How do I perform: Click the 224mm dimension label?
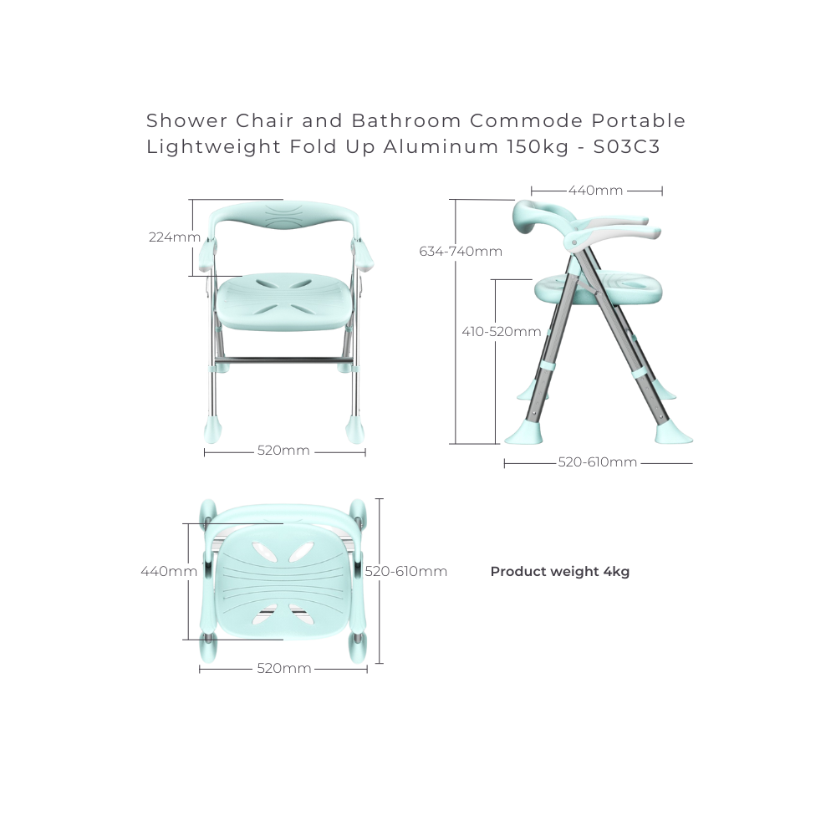coord(175,237)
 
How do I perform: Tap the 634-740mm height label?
coord(461,251)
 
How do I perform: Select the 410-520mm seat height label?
coord(501,332)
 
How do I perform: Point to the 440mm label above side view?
coord(595,191)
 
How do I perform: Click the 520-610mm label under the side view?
coord(598,462)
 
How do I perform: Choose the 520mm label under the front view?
coord(283,451)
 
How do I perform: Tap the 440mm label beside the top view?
coord(169,572)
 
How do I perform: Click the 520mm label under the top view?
coord(284,669)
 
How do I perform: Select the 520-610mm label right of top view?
coord(406,572)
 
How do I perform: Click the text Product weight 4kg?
coord(560,572)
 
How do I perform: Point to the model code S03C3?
coord(627,146)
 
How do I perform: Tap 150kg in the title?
coord(538,146)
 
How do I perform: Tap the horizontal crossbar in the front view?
coord(283,361)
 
